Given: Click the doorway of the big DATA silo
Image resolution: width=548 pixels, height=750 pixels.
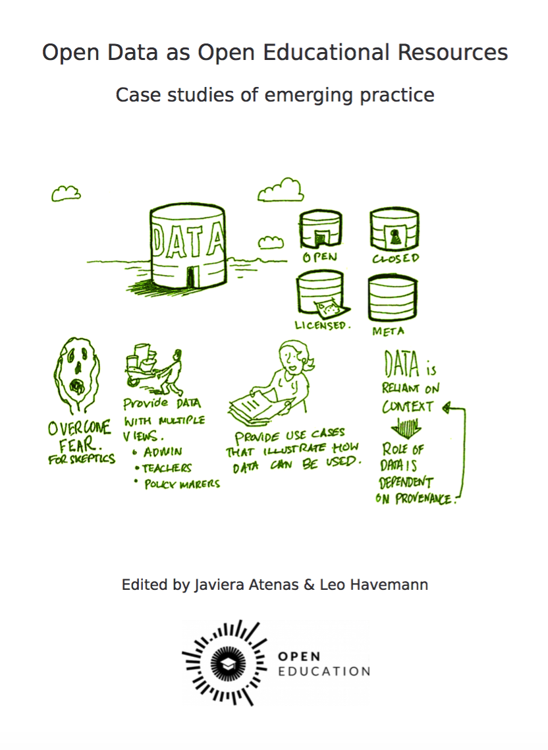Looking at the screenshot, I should click(191, 276).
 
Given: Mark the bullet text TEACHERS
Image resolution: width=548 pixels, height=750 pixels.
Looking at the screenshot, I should click(167, 468).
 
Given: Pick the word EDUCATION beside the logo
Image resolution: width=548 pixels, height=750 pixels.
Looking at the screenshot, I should click(323, 672).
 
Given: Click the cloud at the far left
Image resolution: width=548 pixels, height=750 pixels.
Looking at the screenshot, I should click(66, 193).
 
